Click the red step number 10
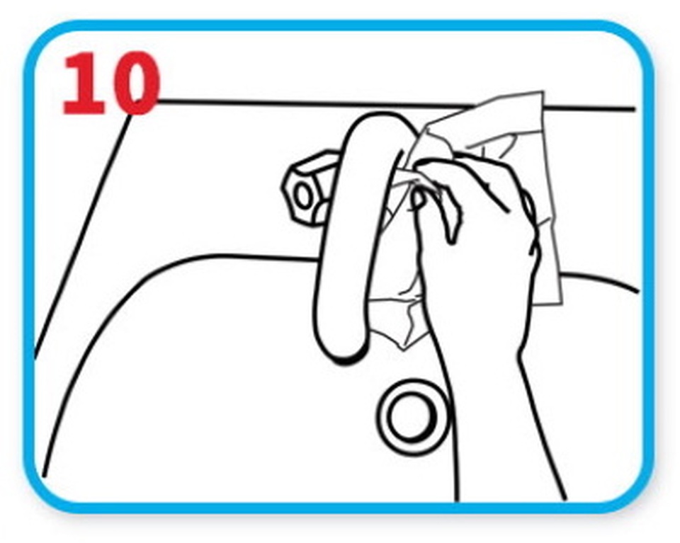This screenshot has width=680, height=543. pyautogui.click(x=112, y=84)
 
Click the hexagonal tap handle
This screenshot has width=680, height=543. pyautogui.click(x=310, y=186)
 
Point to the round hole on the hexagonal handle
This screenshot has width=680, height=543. pyautogui.click(x=302, y=196)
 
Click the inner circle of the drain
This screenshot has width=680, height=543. pyautogui.click(x=412, y=415)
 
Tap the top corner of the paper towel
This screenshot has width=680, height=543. pyautogui.click(x=542, y=92)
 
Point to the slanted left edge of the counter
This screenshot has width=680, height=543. pyautogui.click(x=82, y=236)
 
